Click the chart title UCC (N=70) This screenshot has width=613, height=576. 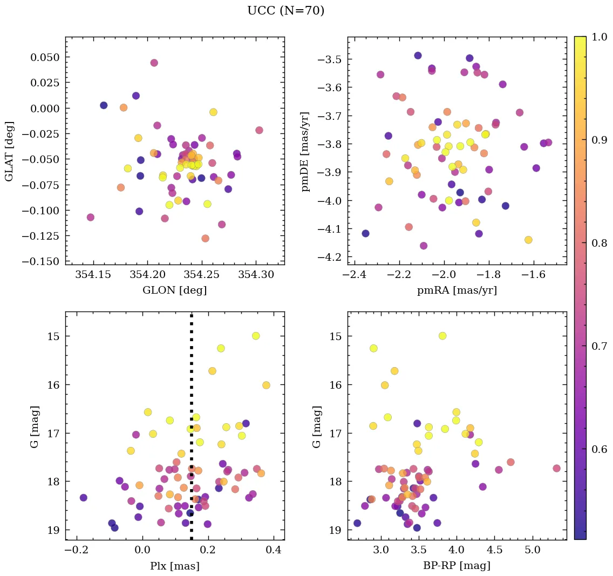tap(285, 11)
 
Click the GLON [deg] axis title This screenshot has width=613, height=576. tap(175, 290)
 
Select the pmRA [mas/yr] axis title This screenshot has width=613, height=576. tap(457, 290)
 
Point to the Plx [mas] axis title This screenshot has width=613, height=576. tap(175, 566)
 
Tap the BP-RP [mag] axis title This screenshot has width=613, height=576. tap(457, 566)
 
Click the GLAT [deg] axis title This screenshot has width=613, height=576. tap(9, 151)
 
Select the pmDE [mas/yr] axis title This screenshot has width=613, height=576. tap(306, 151)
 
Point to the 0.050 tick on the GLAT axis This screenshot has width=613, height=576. tap(45, 57)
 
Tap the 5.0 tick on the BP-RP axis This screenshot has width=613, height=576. tap(533, 551)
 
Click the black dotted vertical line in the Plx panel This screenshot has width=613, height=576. tap(192, 432)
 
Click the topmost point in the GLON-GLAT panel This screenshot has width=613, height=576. tap(154, 63)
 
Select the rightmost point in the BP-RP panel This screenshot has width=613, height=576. tap(556, 468)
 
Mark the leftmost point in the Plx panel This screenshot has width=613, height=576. tap(83, 497)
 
